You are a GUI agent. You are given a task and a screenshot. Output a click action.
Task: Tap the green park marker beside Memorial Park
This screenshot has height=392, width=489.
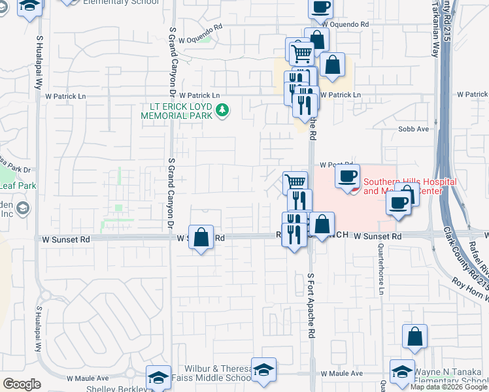[223, 110]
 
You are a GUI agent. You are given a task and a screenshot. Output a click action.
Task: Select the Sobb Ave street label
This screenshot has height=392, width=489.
[413, 129]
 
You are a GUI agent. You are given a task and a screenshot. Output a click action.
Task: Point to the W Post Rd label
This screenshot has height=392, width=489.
[336, 166]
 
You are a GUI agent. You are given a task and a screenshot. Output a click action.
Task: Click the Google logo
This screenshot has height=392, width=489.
[21, 384]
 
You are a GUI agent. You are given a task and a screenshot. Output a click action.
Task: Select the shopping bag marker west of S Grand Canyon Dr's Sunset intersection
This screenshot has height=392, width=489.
[201, 238]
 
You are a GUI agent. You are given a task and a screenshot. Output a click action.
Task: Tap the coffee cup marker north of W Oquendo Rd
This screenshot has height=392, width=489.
[320, 8]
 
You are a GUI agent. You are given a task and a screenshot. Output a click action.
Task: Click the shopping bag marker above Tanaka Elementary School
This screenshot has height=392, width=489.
[414, 338]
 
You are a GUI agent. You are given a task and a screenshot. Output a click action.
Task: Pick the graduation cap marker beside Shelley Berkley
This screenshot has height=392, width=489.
[158, 378]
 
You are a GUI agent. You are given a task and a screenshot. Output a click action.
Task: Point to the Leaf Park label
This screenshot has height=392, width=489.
[17, 186]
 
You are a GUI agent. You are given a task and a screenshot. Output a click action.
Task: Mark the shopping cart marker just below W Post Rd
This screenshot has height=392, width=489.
[295, 182]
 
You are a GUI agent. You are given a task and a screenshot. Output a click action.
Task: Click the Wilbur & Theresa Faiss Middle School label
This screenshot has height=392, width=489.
[209, 373]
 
